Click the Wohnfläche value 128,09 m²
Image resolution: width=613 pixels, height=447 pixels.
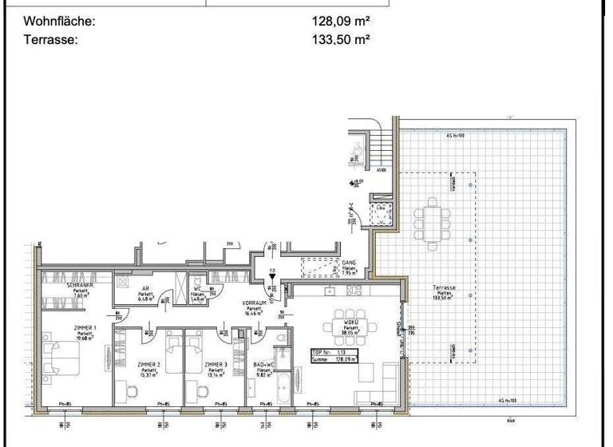341,22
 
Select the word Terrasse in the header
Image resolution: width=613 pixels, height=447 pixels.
52,38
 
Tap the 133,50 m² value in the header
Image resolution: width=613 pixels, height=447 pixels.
341,38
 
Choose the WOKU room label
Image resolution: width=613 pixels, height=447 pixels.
350,322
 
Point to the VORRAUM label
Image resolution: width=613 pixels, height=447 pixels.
254,303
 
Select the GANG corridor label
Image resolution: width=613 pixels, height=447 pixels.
348,262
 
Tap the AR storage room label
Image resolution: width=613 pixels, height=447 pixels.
145,290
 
